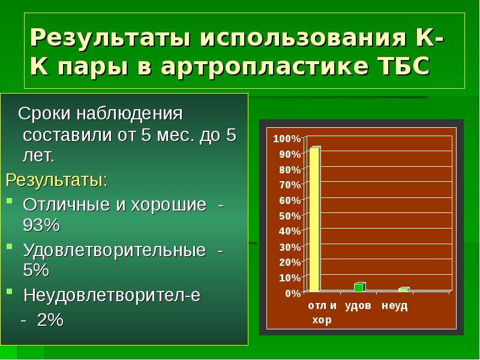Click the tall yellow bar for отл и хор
[314, 219]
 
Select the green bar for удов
[359, 287]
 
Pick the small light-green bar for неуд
[404, 290]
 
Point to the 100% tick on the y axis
[287, 139]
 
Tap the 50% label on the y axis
[290, 216]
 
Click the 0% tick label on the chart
[293, 293]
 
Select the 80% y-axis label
[290, 170]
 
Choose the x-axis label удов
[358, 305]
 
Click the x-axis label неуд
[395, 305]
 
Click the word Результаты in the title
[112, 38]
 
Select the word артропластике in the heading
[264, 67]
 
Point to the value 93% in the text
[41, 226]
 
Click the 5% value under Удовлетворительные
[36, 270]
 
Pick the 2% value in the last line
[50, 320]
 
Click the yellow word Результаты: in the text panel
[57, 181]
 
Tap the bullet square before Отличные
[10, 201]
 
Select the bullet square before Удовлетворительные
[10, 246]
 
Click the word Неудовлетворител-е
[112, 295]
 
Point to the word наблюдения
[130, 114]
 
